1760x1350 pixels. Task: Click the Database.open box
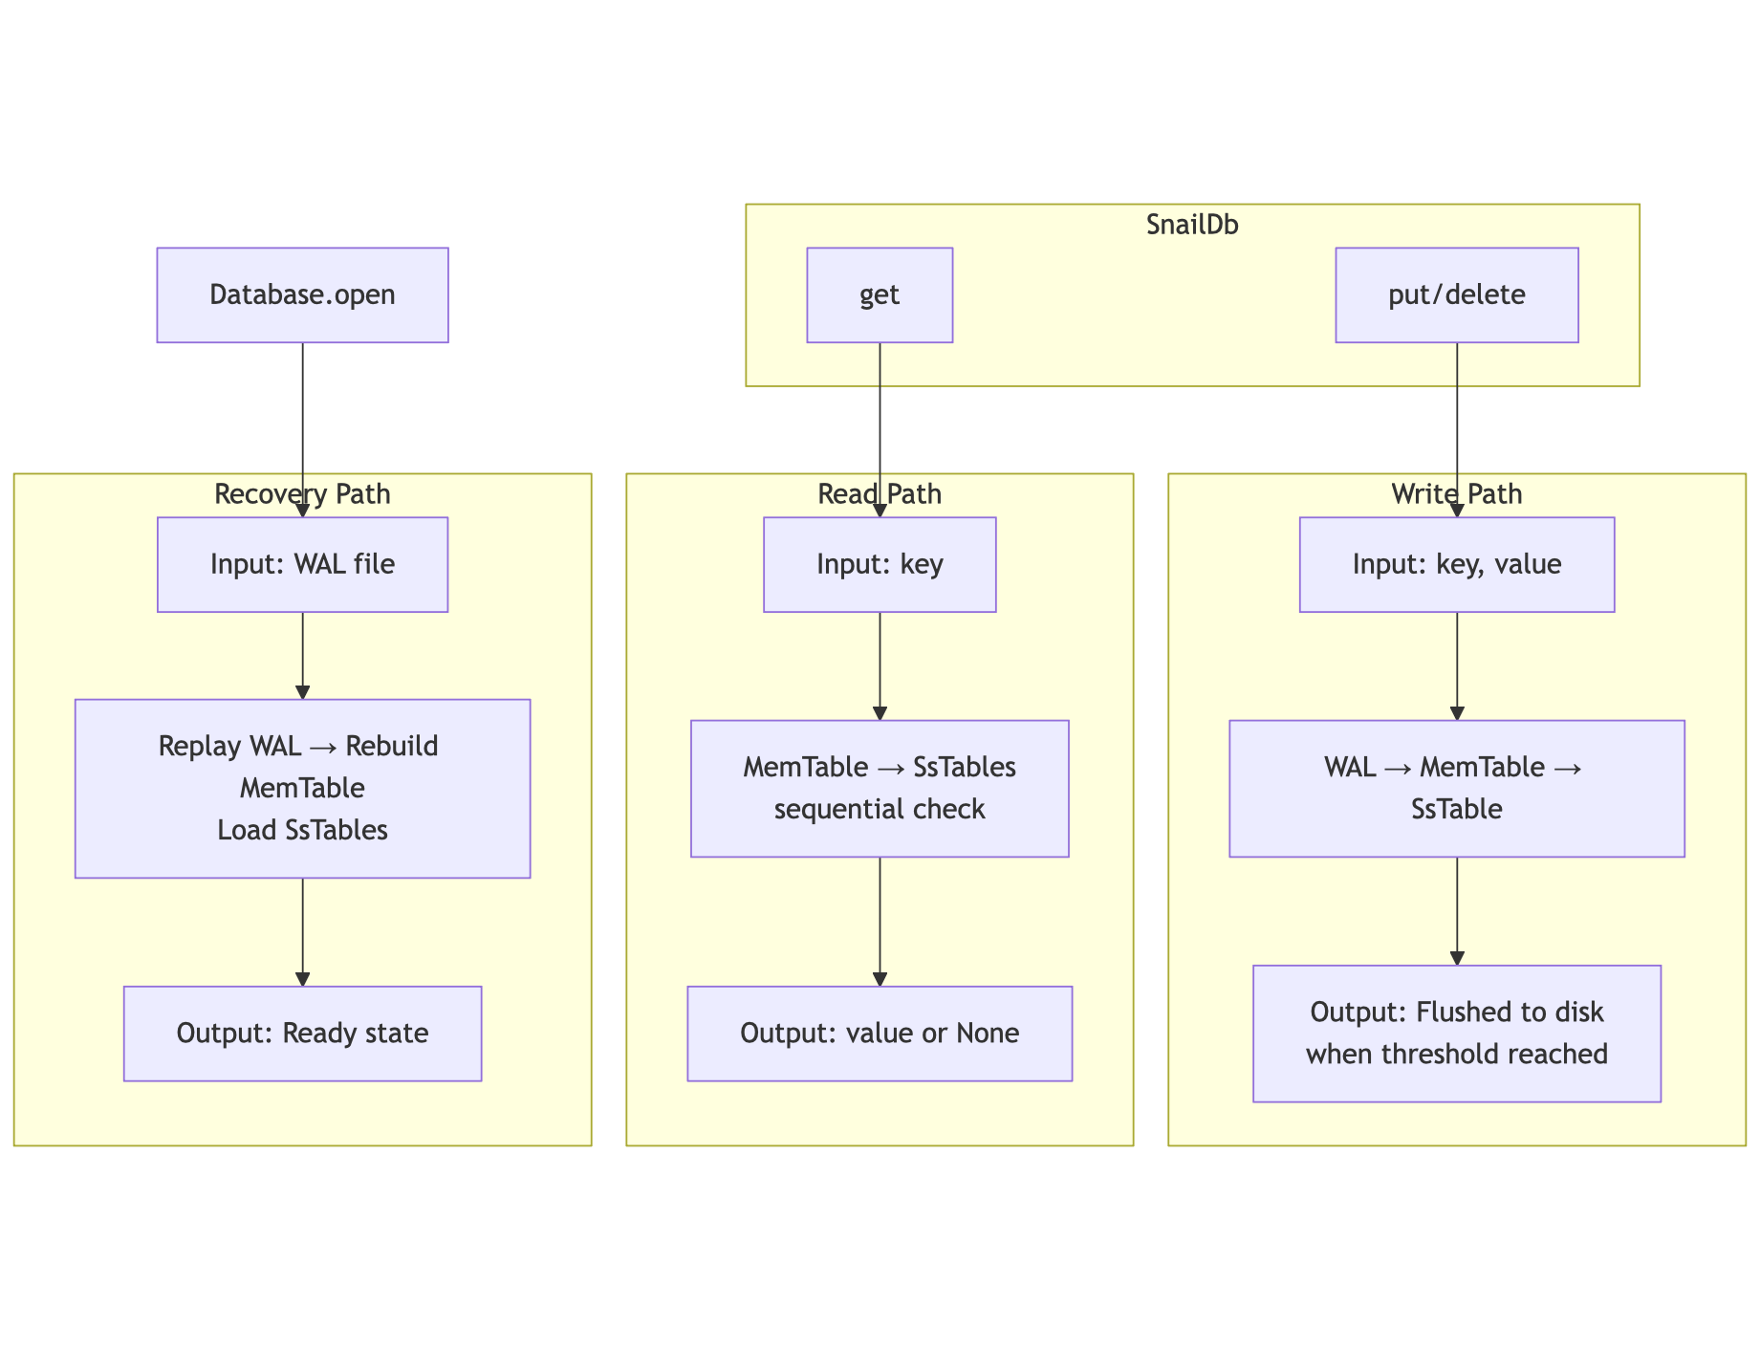(302, 294)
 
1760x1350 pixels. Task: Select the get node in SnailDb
(880, 294)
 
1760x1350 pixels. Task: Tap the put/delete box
(1456, 294)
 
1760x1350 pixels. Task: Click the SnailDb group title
(1192, 225)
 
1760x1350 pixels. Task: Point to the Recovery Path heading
(302, 494)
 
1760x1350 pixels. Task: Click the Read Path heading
(880, 494)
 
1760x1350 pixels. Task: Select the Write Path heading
(1456, 494)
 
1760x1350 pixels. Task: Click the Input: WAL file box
(302, 564)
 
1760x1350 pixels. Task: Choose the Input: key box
(880, 564)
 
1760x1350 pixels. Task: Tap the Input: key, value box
(1456, 564)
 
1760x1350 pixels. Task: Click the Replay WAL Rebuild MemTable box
(302, 788)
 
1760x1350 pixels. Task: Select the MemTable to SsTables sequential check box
(880, 788)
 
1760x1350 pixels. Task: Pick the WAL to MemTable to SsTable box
(1456, 788)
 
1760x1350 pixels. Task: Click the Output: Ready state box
(302, 1034)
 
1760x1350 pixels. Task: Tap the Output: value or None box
(880, 1034)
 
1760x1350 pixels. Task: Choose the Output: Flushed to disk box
(1456, 1034)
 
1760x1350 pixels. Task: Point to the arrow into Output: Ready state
(302, 932)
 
